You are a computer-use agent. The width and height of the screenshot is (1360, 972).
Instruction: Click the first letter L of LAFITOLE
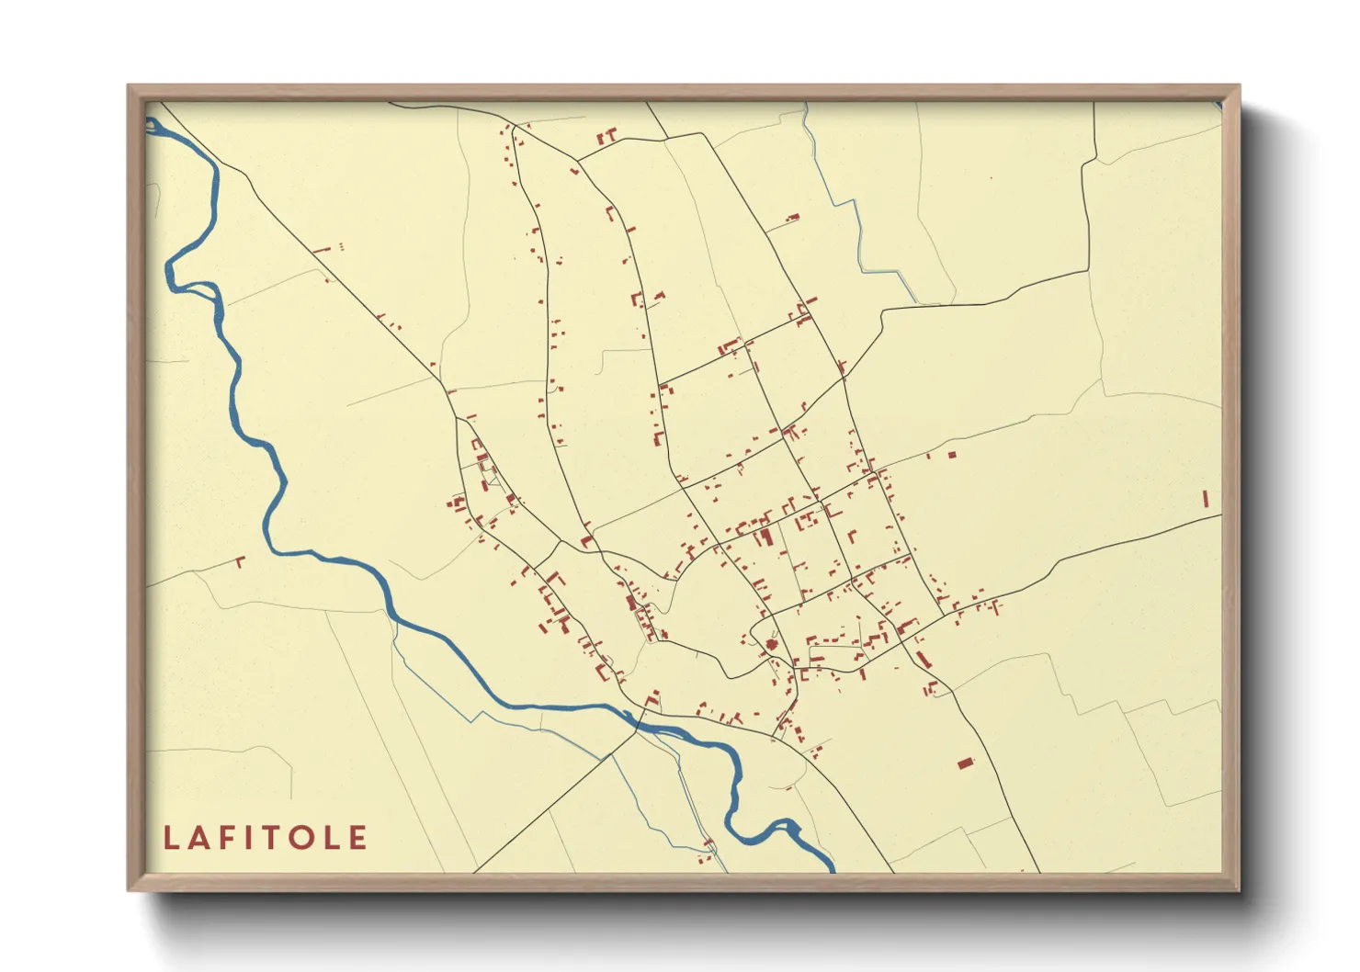pos(171,838)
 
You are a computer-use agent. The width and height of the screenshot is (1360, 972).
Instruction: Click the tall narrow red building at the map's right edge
pos(1205,499)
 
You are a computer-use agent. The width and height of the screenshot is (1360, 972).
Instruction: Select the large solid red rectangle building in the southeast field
pos(965,763)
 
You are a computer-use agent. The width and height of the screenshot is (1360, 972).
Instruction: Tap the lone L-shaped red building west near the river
pos(241,560)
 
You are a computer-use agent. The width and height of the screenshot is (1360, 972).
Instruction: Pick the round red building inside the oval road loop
pos(772,645)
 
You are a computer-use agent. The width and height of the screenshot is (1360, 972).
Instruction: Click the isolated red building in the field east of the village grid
pos(952,454)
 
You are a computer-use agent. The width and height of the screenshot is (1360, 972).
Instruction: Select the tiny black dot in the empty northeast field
pos(991,178)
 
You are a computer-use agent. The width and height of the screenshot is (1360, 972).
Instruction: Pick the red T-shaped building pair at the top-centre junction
pos(606,138)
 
